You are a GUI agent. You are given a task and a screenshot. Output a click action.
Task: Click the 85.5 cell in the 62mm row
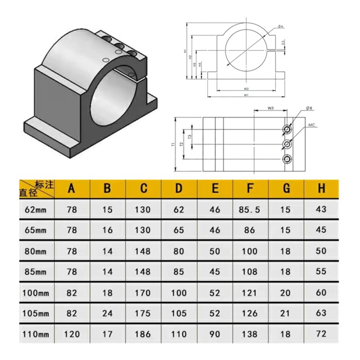pos(251,210)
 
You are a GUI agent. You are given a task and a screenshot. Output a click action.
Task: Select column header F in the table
pos(251,189)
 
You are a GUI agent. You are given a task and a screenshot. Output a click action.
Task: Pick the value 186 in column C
pos(144,334)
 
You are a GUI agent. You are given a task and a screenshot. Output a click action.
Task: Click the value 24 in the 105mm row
pos(107,313)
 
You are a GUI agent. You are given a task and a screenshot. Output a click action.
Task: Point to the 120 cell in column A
pos(71,334)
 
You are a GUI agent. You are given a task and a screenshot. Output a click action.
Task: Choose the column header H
pos(321,189)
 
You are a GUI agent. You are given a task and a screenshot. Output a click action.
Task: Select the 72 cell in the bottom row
pos(321,334)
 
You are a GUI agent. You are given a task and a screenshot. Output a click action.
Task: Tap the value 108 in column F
pos(251,272)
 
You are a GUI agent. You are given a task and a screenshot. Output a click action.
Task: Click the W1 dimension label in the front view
pos(247,95)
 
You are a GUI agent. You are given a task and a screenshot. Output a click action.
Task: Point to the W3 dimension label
pos(271,108)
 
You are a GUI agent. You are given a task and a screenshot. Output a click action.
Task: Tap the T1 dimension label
pos(173,144)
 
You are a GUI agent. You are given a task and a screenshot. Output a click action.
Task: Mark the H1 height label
pos(185,51)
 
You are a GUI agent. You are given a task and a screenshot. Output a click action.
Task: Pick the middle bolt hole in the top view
pos(287,144)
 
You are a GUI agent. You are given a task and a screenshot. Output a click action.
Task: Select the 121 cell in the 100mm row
pos(251,292)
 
